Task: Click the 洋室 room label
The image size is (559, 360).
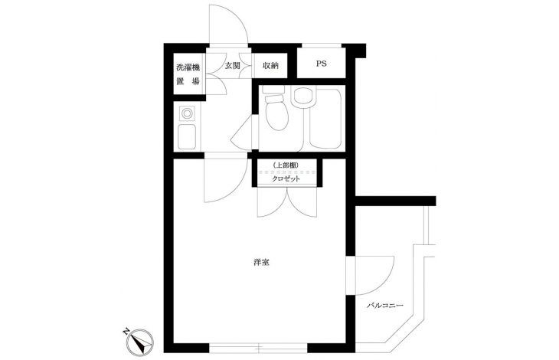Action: (x=261, y=263)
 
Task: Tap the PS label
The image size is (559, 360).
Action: (x=321, y=64)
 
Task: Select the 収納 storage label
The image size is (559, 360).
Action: (x=270, y=66)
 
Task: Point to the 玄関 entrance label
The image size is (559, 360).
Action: (x=232, y=66)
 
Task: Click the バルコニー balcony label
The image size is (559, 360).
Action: (x=385, y=306)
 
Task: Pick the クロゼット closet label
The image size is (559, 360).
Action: (x=286, y=179)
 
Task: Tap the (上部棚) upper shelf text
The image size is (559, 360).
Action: (x=285, y=165)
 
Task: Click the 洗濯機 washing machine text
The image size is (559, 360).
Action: (x=188, y=67)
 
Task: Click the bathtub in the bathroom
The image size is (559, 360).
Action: (x=325, y=118)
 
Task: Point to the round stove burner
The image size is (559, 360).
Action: (x=186, y=114)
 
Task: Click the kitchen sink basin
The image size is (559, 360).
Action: (x=186, y=137)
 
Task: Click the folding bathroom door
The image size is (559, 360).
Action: (x=243, y=133)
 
